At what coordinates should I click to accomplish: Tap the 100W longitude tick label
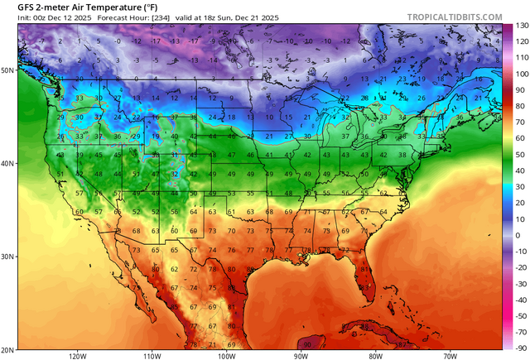coord(226,355)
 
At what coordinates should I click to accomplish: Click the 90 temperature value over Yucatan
coord(308,343)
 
